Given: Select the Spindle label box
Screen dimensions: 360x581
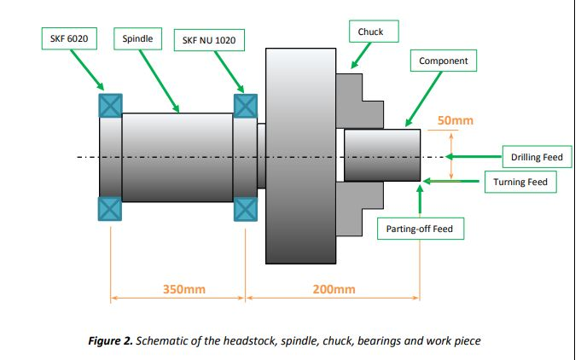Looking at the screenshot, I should click(x=138, y=38).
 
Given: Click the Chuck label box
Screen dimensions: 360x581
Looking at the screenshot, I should click(x=370, y=32).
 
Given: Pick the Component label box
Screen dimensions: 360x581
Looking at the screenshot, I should click(x=443, y=61).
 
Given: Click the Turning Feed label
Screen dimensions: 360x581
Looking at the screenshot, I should click(x=520, y=182).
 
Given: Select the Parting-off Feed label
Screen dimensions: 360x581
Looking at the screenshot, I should click(x=420, y=229).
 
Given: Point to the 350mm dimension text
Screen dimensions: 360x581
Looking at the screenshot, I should click(x=183, y=289).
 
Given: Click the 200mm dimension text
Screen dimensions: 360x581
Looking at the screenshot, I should click(x=334, y=289).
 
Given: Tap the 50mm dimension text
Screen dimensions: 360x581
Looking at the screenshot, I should click(x=455, y=121).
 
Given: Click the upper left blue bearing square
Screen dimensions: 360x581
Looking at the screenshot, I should click(x=110, y=104).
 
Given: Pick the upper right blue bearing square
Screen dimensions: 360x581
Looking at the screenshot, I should click(x=246, y=104).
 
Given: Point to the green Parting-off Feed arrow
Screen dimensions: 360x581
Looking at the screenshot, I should click(x=420, y=199).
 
